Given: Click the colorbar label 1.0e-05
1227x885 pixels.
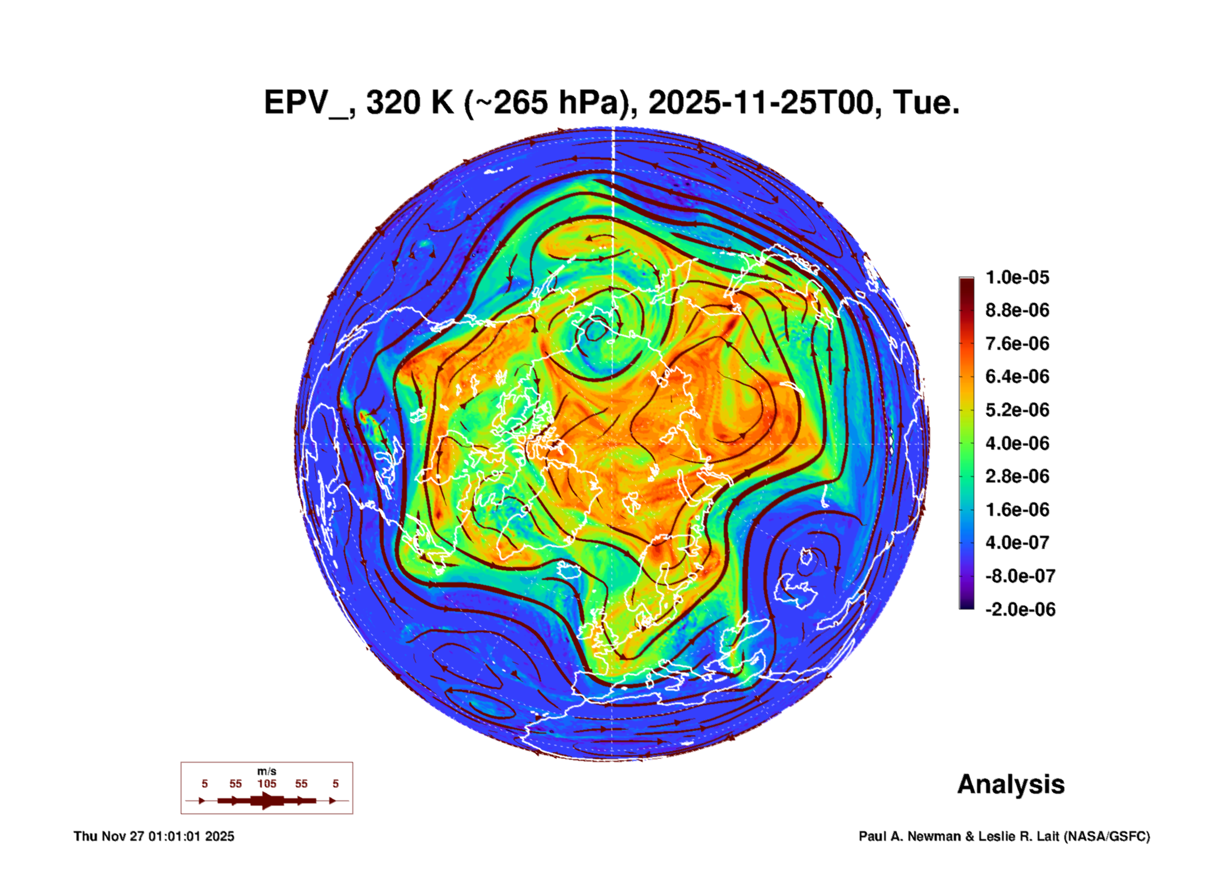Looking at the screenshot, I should [1017, 277].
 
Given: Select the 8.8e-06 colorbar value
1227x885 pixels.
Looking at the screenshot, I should [1017, 310].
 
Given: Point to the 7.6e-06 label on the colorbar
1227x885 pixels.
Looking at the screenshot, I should [1017, 344].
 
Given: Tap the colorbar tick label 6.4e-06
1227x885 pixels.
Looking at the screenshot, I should [1017, 376].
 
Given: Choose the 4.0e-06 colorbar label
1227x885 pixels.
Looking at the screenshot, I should [1017, 443].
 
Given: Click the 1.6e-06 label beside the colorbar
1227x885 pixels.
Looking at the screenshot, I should [1017, 510].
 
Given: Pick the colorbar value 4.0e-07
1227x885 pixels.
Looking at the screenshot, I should [1017, 543].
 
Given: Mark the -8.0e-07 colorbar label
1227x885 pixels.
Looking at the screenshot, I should [1020, 576].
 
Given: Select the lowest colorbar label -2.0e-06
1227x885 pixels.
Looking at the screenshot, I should [1020, 609].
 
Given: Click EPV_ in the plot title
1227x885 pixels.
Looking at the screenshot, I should [306, 103].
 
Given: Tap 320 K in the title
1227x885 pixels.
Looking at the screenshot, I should [410, 103].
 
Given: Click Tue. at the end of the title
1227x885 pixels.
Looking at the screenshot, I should [925, 103].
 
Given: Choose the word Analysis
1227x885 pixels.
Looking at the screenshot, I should [1011, 784].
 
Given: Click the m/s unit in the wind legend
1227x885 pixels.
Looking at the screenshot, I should [266, 771].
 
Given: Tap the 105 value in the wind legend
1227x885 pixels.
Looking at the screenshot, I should [266, 784].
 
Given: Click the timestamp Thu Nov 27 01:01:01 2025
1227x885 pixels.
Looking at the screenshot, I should [154, 836].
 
